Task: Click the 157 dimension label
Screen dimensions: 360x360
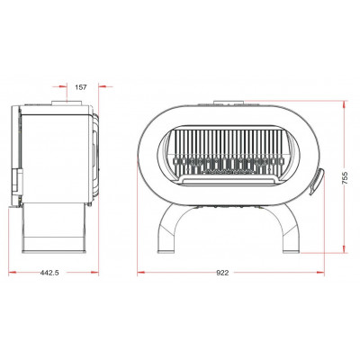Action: pyautogui.click(x=81, y=87)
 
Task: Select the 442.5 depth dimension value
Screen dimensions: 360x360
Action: pyautogui.click(x=49, y=273)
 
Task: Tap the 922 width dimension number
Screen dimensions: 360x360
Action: pyautogui.click(x=222, y=273)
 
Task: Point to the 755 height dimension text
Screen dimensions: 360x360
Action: pyautogui.click(x=345, y=178)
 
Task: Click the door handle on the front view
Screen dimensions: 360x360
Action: pyautogui.click(x=317, y=181)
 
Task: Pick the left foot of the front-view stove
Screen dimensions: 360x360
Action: pyautogui.click(x=166, y=251)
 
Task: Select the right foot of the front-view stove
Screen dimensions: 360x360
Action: pyautogui.click(x=292, y=251)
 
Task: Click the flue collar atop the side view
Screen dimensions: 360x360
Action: pyautogui.click(x=67, y=103)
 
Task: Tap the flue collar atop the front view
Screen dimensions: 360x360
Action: pyautogui.click(x=229, y=103)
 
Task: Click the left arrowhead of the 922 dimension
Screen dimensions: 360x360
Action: pyautogui.click(x=141, y=273)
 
